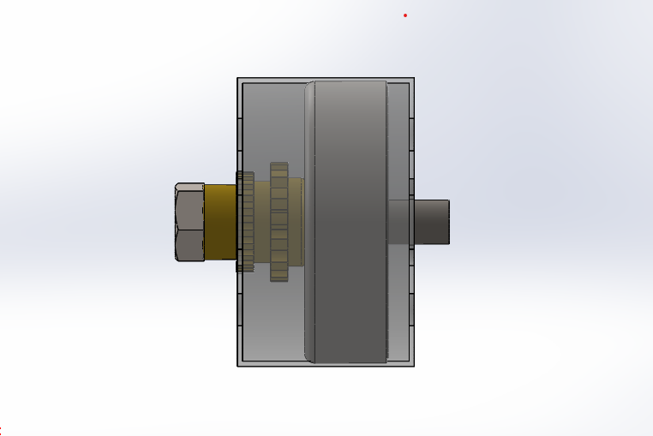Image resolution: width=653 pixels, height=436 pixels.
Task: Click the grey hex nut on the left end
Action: (189, 222)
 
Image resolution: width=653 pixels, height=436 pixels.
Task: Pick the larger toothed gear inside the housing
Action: (279, 222)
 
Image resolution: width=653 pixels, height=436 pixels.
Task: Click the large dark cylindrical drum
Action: (347, 222)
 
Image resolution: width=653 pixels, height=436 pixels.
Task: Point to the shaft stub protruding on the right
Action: (432, 222)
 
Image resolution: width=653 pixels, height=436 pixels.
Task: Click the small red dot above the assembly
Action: (405, 15)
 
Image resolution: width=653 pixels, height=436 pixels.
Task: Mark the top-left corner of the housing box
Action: (238, 79)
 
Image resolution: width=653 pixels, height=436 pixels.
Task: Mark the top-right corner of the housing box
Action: (414, 79)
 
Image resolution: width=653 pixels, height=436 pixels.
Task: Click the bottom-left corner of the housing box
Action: (238, 366)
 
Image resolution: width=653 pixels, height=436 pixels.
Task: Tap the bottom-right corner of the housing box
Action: (414, 366)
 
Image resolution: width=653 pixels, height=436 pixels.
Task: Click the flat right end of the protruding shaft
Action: (448, 222)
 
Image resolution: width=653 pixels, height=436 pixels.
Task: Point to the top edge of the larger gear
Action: (279, 164)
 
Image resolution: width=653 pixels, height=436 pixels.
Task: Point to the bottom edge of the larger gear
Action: (279, 279)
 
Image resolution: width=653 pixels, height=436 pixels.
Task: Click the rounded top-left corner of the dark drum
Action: (309, 86)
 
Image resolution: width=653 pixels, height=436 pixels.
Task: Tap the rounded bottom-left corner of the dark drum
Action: (309, 359)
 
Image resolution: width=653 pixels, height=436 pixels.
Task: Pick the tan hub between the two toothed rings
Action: (262, 222)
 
